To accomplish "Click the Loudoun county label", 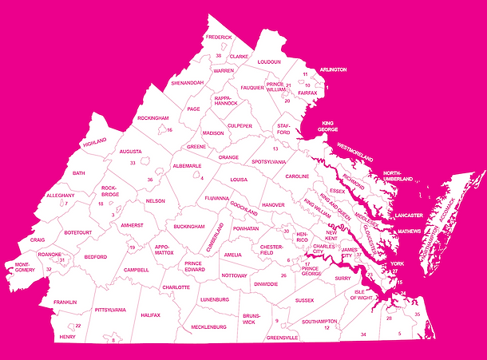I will point(268,61).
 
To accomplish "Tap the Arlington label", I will point(333,70).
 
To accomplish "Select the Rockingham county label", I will point(152,118).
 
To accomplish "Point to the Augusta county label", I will point(130,151).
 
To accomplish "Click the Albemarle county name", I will point(188,166).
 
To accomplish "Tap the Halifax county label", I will point(150,315).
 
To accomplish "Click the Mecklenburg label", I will point(209,326).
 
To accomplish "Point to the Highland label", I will point(94,141).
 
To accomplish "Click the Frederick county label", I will point(218,38).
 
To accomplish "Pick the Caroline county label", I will point(297,176).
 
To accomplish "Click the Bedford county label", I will point(95,257).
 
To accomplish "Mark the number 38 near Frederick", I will point(218,56).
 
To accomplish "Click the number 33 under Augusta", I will point(133,163).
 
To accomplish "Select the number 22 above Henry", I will point(77,326).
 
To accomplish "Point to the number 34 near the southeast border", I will point(363,334).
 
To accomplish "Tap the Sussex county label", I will point(304,300).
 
